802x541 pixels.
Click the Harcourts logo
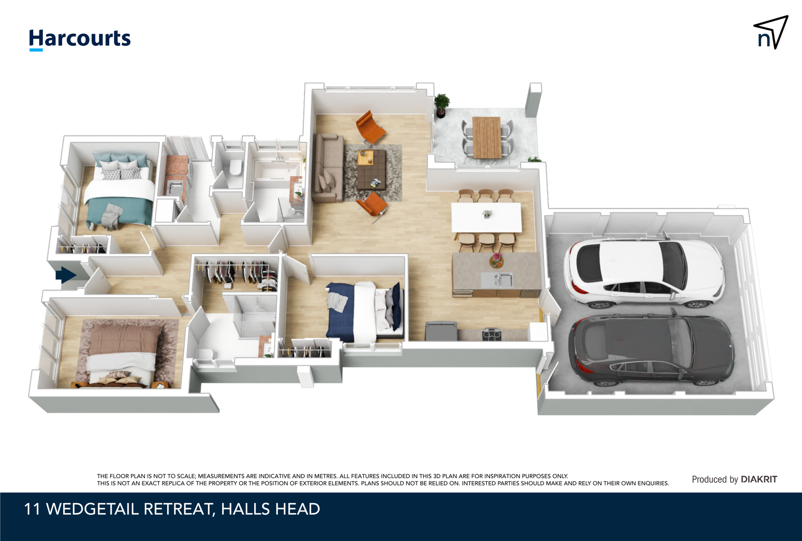[x=79, y=39]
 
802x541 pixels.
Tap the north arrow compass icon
[x=771, y=33]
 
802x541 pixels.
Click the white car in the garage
[x=644, y=272]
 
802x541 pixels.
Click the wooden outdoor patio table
[x=487, y=137]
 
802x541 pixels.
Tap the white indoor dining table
[x=486, y=218]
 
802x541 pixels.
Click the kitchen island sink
[x=497, y=280]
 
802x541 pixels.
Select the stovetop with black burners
[x=491, y=334]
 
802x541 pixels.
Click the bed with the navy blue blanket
[x=364, y=312]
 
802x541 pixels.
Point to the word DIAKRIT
[x=759, y=479]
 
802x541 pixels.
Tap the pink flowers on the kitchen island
[x=497, y=258]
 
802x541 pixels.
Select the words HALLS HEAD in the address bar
[x=270, y=509]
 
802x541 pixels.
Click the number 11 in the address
[x=32, y=509]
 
